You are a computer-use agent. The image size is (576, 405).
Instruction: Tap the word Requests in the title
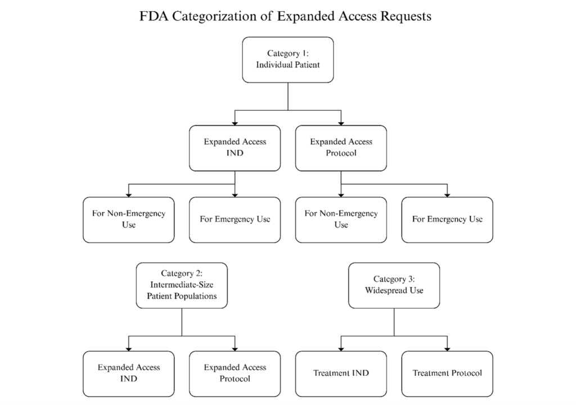click(x=399, y=16)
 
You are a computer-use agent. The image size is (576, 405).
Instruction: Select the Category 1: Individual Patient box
click(x=288, y=59)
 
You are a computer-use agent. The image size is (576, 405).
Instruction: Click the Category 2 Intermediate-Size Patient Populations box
click(x=182, y=285)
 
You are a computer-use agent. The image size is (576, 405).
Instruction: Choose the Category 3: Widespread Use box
click(x=394, y=285)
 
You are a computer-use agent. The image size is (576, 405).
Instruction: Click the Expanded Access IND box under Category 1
click(x=235, y=147)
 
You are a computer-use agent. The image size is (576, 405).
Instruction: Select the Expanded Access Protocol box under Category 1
click(x=341, y=147)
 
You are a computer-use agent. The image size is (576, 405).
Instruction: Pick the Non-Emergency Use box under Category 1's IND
click(x=128, y=219)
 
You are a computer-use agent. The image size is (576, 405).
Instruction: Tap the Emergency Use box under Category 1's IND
click(x=235, y=219)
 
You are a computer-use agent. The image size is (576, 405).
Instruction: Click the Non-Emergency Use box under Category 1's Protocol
click(x=341, y=219)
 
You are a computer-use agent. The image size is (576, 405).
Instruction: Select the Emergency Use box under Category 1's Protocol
click(x=447, y=219)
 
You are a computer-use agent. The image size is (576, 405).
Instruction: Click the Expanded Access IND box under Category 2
click(x=128, y=373)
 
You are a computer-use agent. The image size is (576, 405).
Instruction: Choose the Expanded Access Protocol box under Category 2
click(x=235, y=373)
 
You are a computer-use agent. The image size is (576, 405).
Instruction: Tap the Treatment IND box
click(x=341, y=373)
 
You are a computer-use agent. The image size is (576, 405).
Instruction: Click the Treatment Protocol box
click(x=447, y=373)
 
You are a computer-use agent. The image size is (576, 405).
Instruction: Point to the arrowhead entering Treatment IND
click(x=341, y=348)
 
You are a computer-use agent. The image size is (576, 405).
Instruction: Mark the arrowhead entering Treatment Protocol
click(x=447, y=348)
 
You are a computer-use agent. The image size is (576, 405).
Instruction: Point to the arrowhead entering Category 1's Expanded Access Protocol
click(x=341, y=122)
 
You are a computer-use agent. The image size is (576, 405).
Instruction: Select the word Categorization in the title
click(x=215, y=16)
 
